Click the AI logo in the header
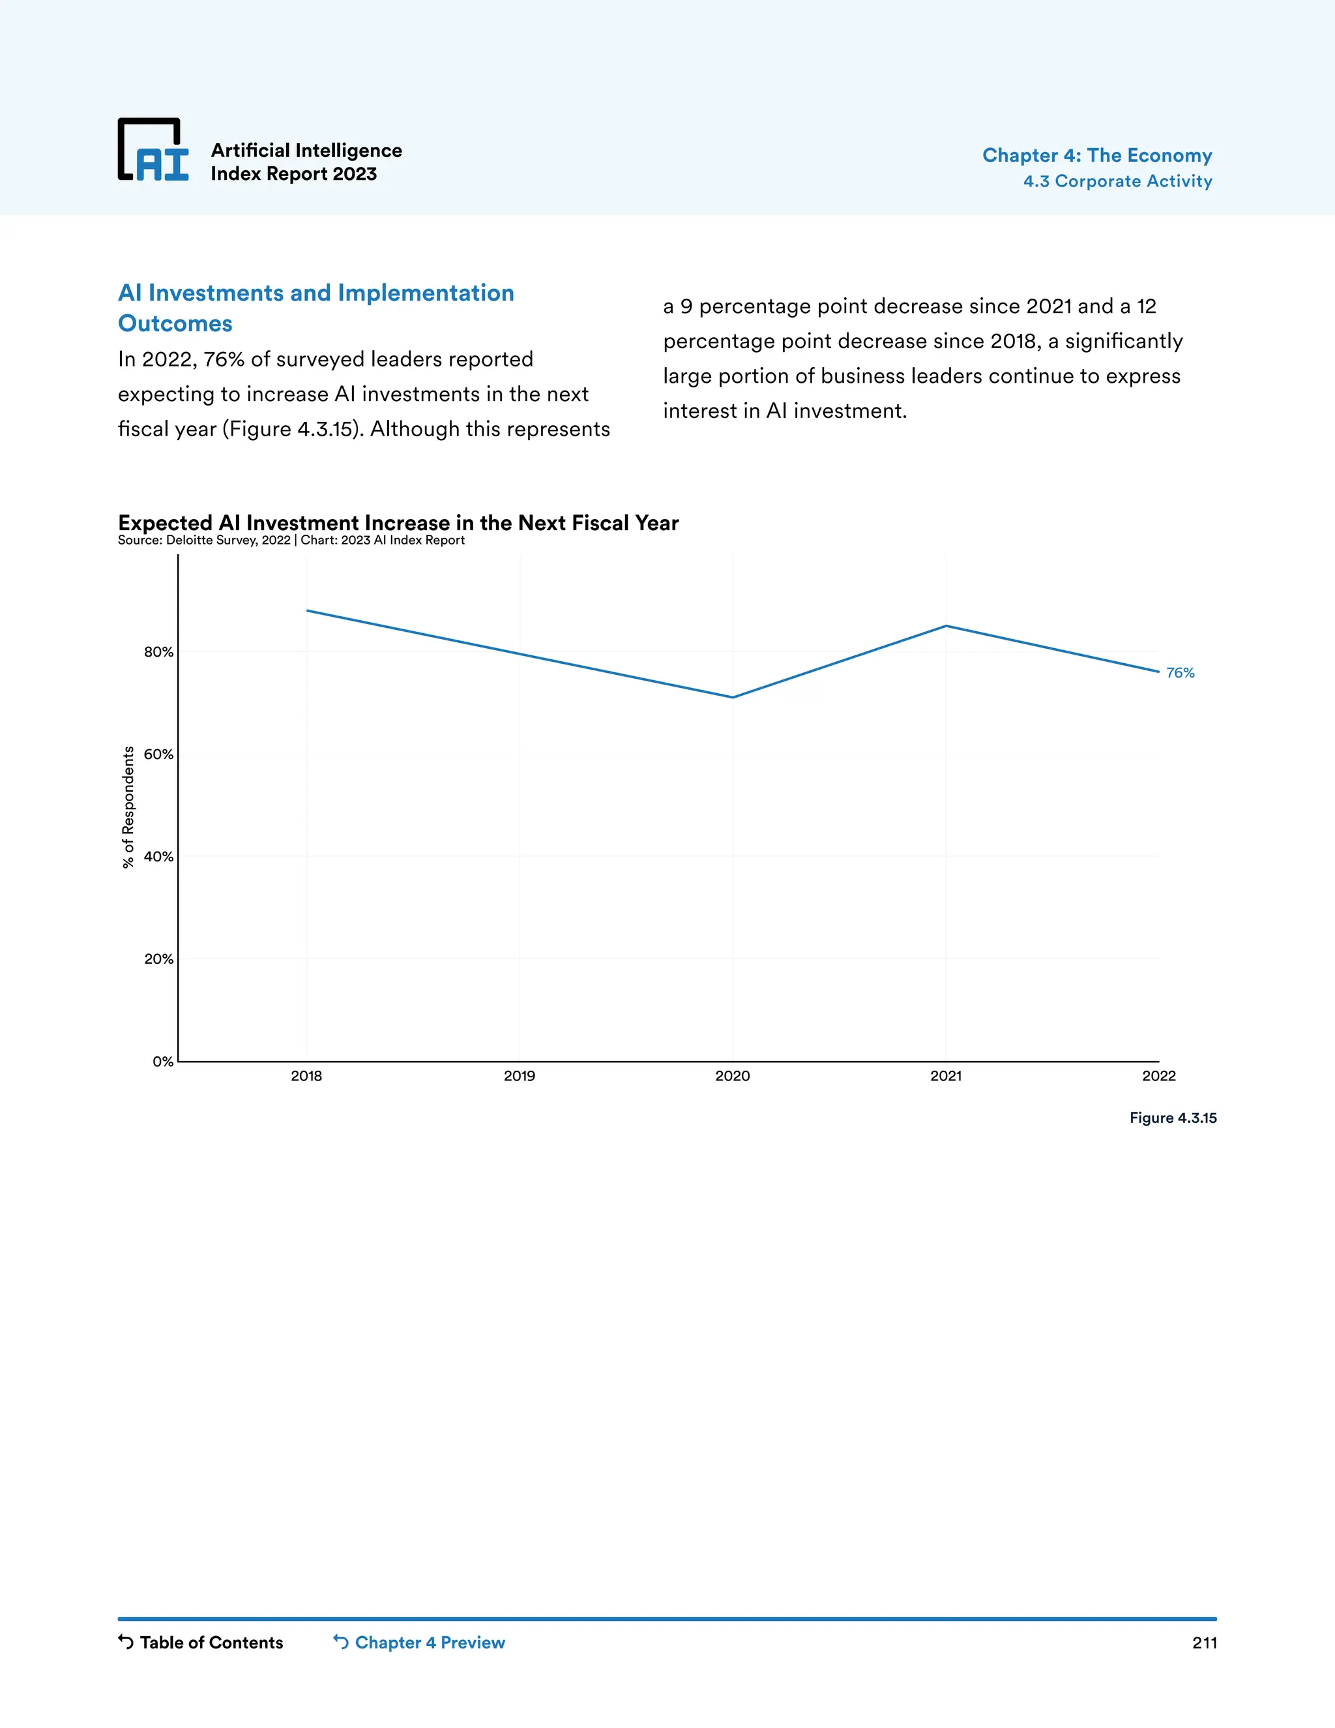pos(153,151)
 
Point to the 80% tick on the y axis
pos(158,652)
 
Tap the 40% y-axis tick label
pos(158,856)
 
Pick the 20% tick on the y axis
pos(158,959)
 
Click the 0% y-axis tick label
pos(162,1061)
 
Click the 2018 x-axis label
pos(306,1076)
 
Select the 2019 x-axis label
pos(520,1076)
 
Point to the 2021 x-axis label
pos(946,1076)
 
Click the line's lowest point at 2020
pos(733,697)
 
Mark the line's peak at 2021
pos(946,626)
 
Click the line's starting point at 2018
pos(307,611)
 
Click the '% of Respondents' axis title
pos(128,807)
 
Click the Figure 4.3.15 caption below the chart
pos(1173,1118)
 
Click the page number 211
pos(1204,1643)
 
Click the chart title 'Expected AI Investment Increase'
pos(398,523)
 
